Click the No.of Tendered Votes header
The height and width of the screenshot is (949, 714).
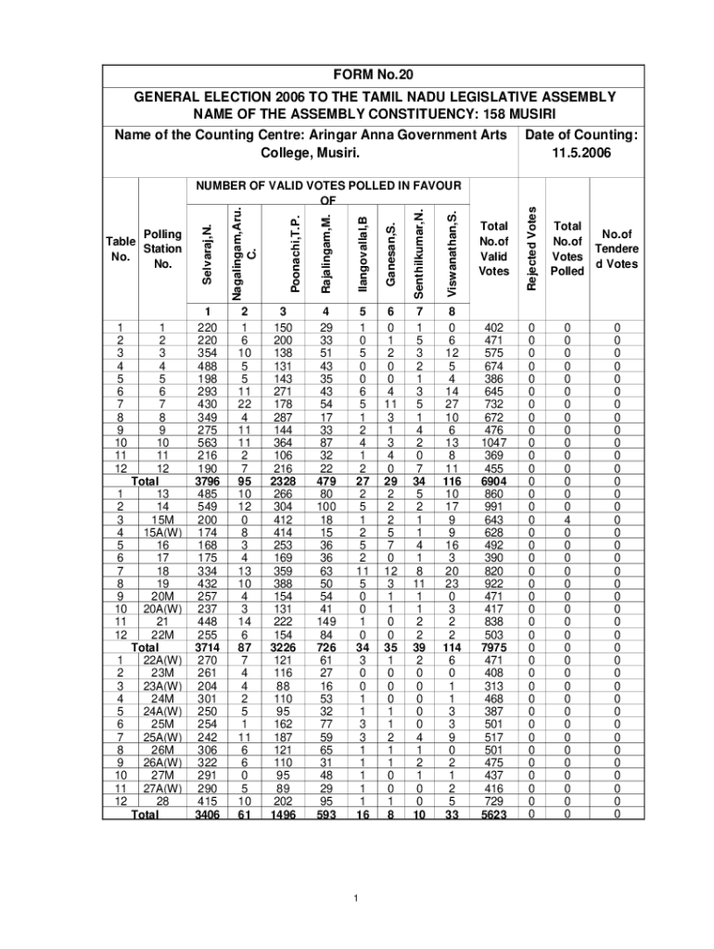(x=617, y=249)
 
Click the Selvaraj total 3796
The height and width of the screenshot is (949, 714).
(x=208, y=482)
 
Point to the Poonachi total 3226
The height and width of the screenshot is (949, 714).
(x=296, y=646)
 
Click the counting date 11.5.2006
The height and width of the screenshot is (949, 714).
(x=580, y=153)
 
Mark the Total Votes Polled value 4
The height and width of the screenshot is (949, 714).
(x=566, y=519)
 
